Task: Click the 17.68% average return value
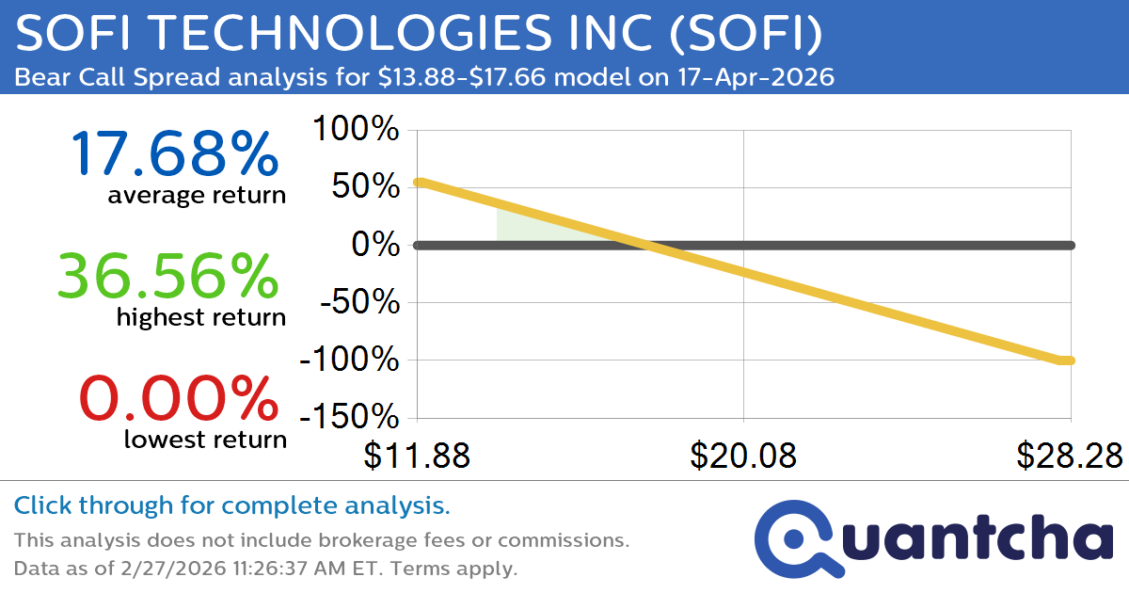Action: [x=174, y=153]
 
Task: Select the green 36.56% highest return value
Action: [x=168, y=277]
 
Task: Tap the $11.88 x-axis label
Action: [x=417, y=456]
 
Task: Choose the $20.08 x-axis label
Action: [x=743, y=456]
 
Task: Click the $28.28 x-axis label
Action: [x=1069, y=456]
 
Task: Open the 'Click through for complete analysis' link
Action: [x=231, y=506]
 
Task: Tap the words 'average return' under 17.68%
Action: [x=196, y=196]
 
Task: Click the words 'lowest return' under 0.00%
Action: [x=204, y=439]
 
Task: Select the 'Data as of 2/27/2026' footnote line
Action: [x=265, y=569]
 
